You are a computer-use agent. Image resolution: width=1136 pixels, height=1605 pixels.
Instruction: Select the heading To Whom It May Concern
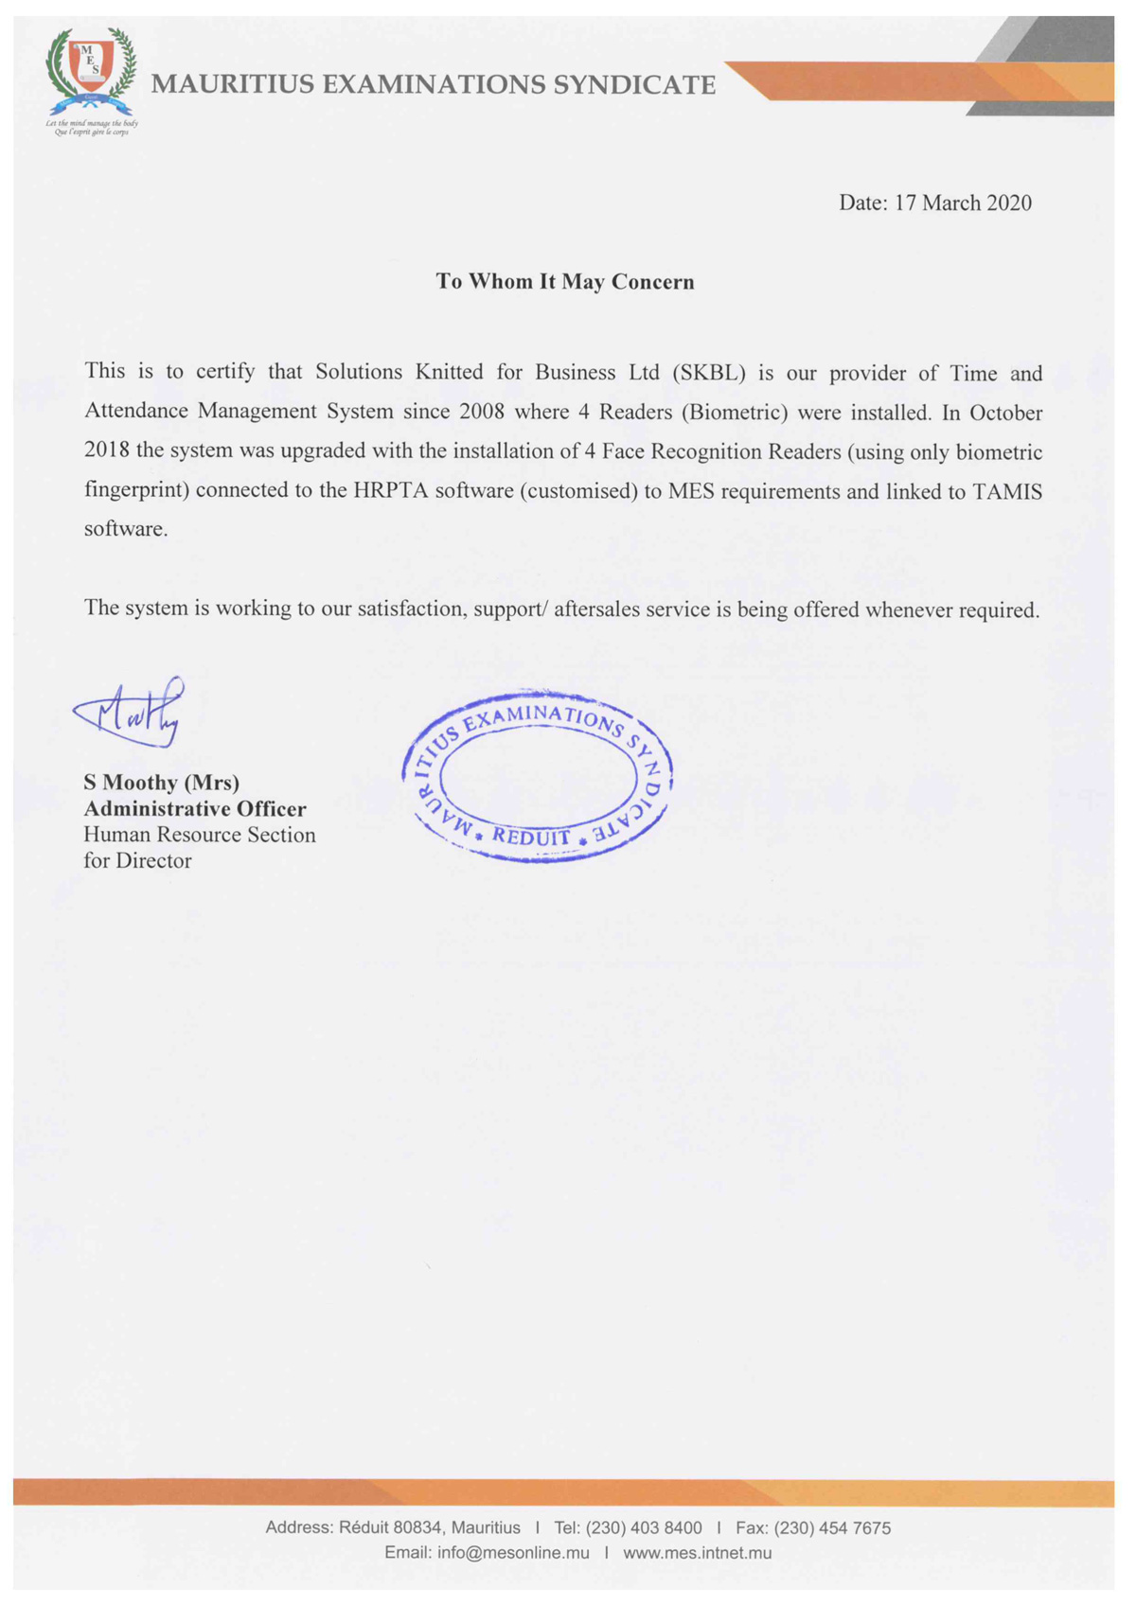pyautogui.click(x=565, y=282)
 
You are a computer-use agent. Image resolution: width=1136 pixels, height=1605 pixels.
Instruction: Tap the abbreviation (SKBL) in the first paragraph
pyautogui.click(x=709, y=373)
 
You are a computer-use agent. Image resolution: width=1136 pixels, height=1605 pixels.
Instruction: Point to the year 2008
pyautogui.click(x=482, y=413)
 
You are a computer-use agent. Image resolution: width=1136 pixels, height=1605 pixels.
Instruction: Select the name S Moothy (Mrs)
pyautogui.click(x=162, y=783)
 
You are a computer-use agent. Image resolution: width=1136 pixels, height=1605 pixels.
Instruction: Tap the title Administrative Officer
pyautogui.click(x=195, y=809)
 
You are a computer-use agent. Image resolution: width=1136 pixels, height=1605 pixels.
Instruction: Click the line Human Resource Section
pyautogui.click(x=200, y=835)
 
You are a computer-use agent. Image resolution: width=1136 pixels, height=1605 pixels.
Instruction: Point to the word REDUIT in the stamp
pyautogui.click(x=531, y=838)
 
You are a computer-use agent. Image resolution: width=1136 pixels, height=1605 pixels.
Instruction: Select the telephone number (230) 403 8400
pyautogui.click(x=644, y=1528)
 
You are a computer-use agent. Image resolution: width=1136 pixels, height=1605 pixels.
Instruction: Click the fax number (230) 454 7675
pyautogui.click(x=832, y=1528)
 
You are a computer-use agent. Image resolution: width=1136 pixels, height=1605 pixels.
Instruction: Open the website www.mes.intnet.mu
pyautogui.click(x=697, y=1553)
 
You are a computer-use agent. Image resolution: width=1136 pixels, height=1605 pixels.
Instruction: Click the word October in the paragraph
pyautogui.click(x=1006, y=414)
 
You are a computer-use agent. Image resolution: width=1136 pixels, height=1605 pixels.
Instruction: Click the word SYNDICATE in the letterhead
pyautogui.click(x=634, y=85)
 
